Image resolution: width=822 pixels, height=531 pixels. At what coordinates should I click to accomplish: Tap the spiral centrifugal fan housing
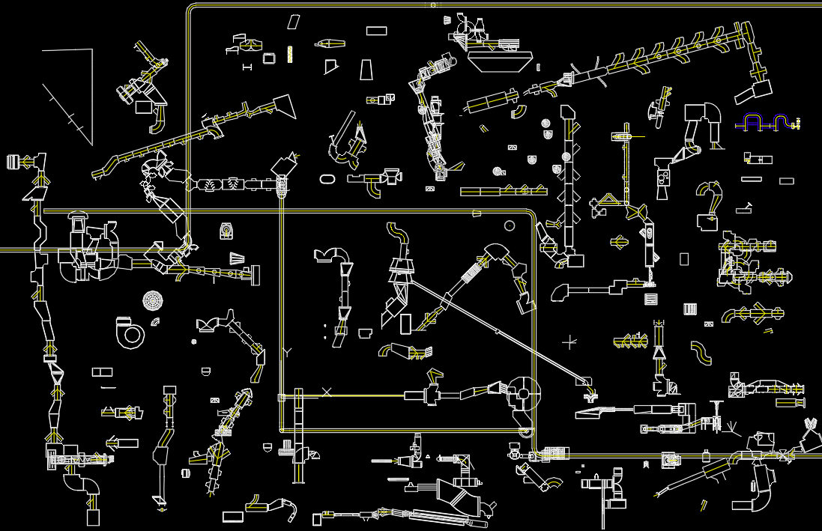point(130,333)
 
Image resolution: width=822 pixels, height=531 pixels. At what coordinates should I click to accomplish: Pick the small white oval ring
point(327,179)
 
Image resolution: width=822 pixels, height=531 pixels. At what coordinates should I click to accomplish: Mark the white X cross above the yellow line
point(327,391)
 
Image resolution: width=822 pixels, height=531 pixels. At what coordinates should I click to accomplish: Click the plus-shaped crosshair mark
point(569,342)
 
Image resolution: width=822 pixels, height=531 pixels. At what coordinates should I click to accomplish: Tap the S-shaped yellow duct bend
point(701,352)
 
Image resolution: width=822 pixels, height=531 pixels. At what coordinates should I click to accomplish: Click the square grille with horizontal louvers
point(651,300)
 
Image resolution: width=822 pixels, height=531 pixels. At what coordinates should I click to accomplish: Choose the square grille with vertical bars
point(690,309)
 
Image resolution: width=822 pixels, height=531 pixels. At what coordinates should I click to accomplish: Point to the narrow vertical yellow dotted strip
point(290,54)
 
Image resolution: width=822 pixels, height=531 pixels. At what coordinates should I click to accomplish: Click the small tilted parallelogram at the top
point(294,22)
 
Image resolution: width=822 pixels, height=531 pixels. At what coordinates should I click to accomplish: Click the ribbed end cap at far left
point(13,162)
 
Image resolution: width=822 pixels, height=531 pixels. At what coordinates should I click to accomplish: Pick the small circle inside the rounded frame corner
point(510,225)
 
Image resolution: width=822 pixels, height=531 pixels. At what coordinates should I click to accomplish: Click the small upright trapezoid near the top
point(366,70)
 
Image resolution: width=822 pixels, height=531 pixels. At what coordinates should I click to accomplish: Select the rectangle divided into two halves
point(101,372)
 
